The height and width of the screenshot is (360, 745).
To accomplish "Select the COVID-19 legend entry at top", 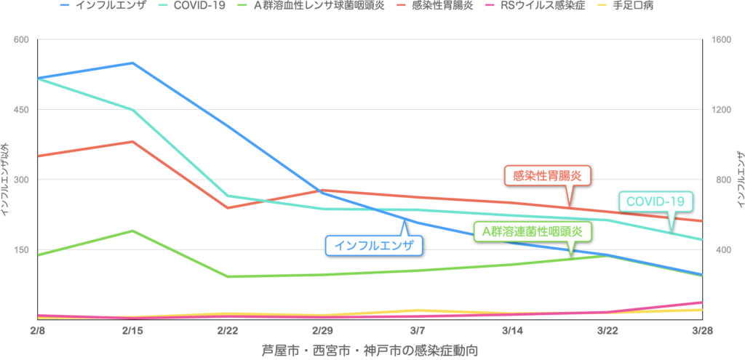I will click(197, 5).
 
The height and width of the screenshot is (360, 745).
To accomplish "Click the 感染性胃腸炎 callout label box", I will click(547, 175).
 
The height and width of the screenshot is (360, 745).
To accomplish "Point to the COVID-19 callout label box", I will click(656, 201).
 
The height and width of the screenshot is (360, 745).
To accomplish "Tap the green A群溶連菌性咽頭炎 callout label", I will click(533, 231).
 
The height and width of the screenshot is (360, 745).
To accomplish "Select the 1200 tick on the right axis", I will click(721, 109).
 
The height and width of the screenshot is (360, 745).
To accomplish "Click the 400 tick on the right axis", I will click(721, 249).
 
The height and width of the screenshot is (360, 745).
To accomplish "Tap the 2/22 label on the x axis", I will click(228, 330).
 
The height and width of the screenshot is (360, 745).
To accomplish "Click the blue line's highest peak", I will click(132, 63).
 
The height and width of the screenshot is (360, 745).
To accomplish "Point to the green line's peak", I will click(132, 231).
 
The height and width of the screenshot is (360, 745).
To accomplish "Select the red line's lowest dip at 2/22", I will click(228, 208).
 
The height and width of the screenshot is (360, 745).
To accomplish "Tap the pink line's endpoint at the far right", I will click(701, 302).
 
